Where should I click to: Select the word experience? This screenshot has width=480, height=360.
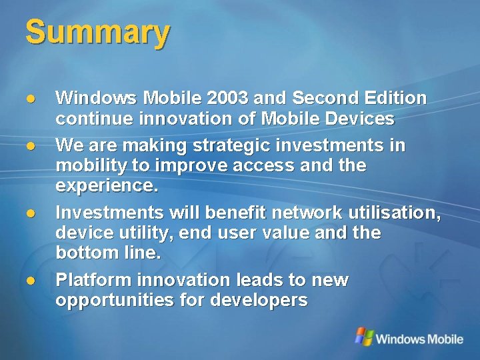point(107,187)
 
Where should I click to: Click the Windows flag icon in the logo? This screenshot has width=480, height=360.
point(363,336)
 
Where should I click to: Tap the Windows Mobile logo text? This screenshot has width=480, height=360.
point(419,339)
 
